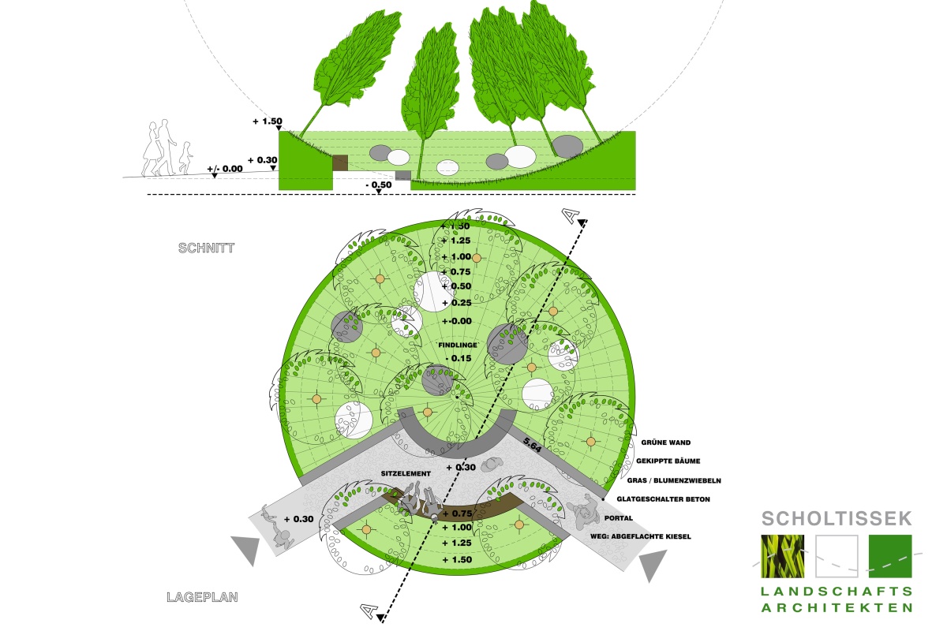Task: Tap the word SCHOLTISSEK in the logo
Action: [837, 518]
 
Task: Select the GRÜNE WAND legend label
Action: [666, 442]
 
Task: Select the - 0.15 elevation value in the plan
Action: [458, 359]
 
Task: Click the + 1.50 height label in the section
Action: [267, 121]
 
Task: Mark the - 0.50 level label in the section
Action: [379, 185]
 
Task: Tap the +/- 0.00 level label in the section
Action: [225, 169]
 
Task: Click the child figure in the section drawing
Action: [185, 157]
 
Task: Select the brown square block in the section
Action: [339, 163]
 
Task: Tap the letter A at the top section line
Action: [570, 215]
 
